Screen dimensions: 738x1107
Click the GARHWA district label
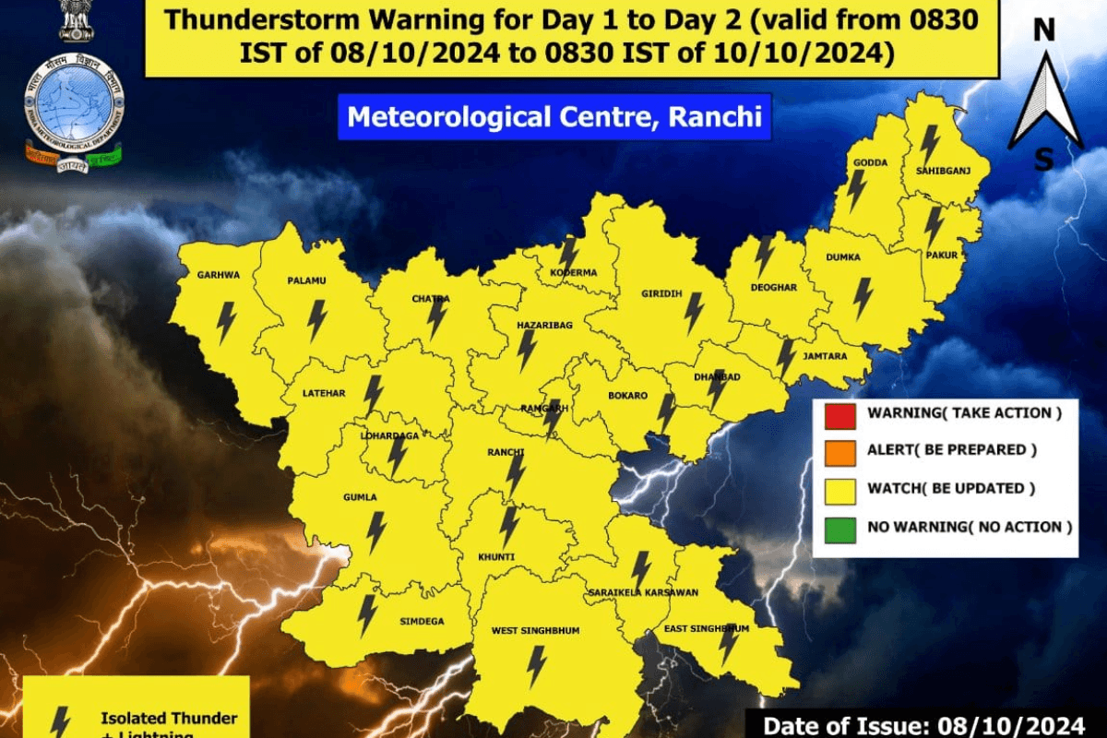click(218, 274)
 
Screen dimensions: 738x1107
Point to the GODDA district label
click(871, 162)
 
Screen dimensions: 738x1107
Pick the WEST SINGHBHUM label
click(535, 630)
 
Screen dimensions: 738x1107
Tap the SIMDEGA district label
click(423, 621)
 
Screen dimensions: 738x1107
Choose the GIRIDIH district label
click(661, 293)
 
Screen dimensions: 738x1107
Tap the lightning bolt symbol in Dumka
click(863, 297)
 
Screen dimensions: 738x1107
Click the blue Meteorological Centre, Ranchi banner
click(553, 118)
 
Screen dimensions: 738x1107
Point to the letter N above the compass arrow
click(1043, 30)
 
